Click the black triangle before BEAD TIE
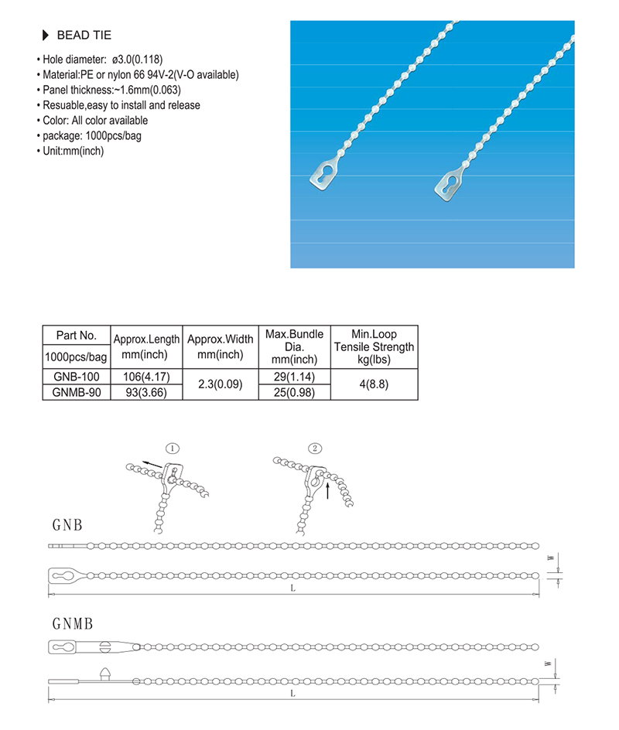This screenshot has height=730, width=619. coord(44,36)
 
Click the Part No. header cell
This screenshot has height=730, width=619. coord(77,336)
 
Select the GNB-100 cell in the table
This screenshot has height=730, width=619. coord(77,377)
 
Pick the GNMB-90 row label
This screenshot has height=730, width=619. coord(77,392)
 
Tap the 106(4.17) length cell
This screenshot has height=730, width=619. coord(146,377)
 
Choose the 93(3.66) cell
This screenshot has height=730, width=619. coord(146,392)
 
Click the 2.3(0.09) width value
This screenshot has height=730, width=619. coord(220,384)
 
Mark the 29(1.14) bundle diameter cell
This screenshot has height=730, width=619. coord(294,377)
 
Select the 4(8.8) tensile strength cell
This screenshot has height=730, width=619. coord(374,384)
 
